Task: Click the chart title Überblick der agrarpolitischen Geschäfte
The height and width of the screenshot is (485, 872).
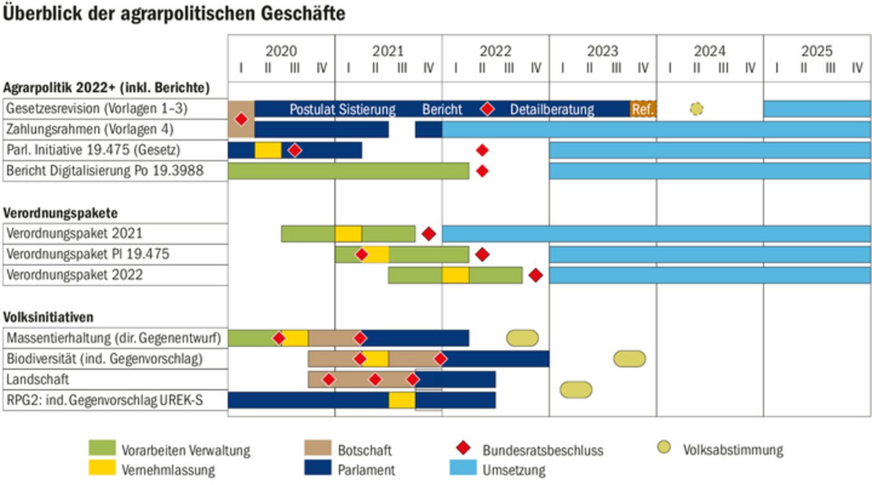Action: coord(174,14)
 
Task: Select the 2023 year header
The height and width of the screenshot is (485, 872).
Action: coord(602,51)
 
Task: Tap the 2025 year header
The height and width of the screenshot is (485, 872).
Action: coord(817,51)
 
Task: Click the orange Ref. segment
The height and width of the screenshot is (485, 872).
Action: coord(643,109)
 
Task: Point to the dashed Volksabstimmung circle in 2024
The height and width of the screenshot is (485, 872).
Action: coord(696,109)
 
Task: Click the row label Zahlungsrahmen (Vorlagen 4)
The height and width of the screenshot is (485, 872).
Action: coord(90,130)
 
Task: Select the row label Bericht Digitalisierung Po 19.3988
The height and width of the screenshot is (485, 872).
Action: coord(105,170)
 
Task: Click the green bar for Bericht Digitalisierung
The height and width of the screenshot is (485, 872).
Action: coord(348,170)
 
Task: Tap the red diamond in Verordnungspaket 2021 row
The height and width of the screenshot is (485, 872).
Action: coord(428,234)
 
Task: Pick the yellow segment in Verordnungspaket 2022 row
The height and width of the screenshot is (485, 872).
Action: coord(455,275)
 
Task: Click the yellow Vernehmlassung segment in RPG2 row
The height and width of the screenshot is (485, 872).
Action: coord(402,400)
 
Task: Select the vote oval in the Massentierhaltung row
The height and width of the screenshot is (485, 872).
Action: coord(522,338)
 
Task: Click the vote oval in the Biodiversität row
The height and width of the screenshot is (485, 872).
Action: coord(629,358)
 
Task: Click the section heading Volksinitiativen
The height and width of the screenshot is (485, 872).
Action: coord(49,317)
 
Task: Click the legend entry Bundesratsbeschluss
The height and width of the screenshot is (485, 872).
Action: coord(543,449)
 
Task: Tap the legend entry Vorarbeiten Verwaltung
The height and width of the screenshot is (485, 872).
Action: coord(186,449)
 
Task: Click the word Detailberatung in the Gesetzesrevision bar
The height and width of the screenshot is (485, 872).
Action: coord(552,110)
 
